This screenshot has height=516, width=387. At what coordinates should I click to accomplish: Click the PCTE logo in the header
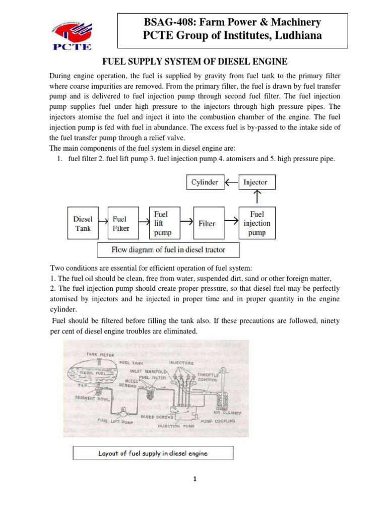click(x=70, y=34)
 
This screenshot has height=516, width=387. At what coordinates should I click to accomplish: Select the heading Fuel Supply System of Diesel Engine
click(x=195, y=61)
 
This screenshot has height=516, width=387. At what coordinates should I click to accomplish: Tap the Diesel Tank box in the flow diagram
click(x=83, y=224)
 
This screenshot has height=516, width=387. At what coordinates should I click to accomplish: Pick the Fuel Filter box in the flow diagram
click(x=121, y=224)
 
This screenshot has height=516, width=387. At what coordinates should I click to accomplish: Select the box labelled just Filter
click(x=207, y=223)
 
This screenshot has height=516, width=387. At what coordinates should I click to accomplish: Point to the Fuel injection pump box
click(x=257, y=223)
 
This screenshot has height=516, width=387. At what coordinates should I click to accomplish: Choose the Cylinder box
click(x=205, y=182)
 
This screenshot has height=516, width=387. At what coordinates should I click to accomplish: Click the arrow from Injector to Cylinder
click(x=231, y=182)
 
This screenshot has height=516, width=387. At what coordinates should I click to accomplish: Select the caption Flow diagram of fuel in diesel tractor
click(x=168, y=250)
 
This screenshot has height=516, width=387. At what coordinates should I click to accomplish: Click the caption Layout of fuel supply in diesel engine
click(x=153, y=453)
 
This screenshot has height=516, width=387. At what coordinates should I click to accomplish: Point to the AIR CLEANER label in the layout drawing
click(x=228, y=413)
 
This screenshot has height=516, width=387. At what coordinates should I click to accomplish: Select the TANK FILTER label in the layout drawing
click(x=99, y=354)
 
